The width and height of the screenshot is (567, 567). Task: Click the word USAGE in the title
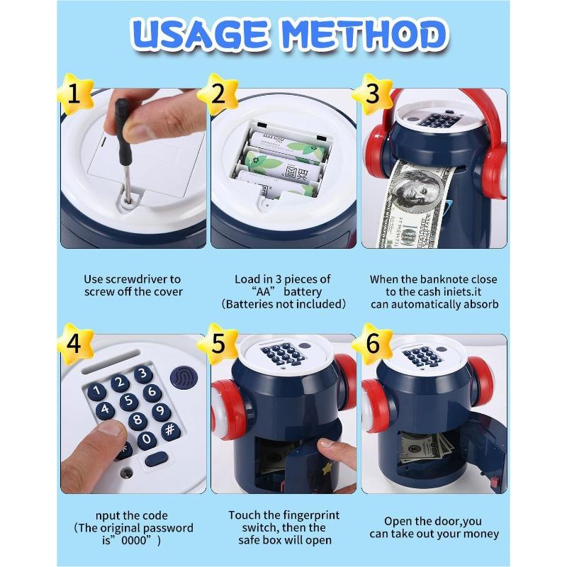[x=201, y=35]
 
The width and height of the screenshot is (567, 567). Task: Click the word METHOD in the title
[x=364, y=35]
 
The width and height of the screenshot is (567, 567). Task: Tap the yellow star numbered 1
[x=75, y=94]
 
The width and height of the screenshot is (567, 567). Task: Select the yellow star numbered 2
[x=218, y=94]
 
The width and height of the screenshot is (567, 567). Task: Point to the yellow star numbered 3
[x=373, y=94]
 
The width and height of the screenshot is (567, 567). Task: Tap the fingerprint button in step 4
[x=184, y=378]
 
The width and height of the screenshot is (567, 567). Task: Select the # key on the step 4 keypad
[x=170, y=430]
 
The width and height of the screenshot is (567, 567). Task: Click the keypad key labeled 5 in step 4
[x=129, y=401]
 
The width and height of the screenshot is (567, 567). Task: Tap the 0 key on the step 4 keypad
[x=147, y=439]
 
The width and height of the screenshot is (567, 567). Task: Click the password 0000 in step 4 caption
[x=135, y=541]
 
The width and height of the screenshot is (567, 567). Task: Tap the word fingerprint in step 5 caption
[x=311, y=515]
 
